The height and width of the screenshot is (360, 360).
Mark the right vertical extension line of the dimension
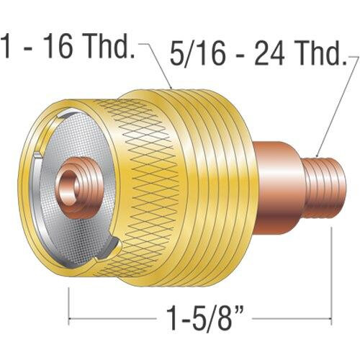tap(330, 274)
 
